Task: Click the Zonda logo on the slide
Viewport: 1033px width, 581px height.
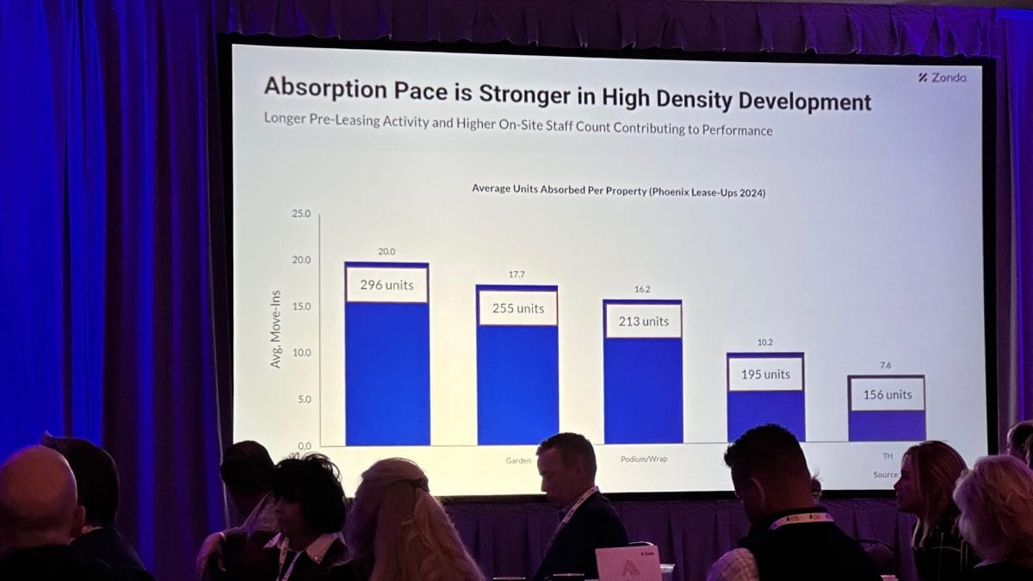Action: click(942, 77)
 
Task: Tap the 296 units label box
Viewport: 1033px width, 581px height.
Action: click(387, 285)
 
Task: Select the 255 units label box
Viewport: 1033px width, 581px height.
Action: click(518, 308)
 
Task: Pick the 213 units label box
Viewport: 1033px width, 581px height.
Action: click(643, 321)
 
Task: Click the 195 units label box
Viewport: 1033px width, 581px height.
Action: click(765, 374)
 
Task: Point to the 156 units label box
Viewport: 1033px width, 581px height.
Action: click(887, 394)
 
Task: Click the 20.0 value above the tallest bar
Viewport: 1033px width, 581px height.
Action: click(387, 252)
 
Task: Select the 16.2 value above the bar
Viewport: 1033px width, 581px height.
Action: click(643, 290)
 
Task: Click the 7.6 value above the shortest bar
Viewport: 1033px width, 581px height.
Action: click(886, 365)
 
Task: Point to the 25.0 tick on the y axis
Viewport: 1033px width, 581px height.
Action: click(301, 213)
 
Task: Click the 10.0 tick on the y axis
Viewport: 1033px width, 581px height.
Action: click(301, 353)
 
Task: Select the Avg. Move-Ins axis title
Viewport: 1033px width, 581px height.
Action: click(276, 330)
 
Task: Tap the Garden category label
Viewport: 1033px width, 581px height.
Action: click(518, 461)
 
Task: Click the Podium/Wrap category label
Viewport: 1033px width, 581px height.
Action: click(643, 459)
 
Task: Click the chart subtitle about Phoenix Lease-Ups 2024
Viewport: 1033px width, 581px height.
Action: click(618, 189)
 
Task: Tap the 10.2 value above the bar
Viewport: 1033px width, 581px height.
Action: click(765, 343)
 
